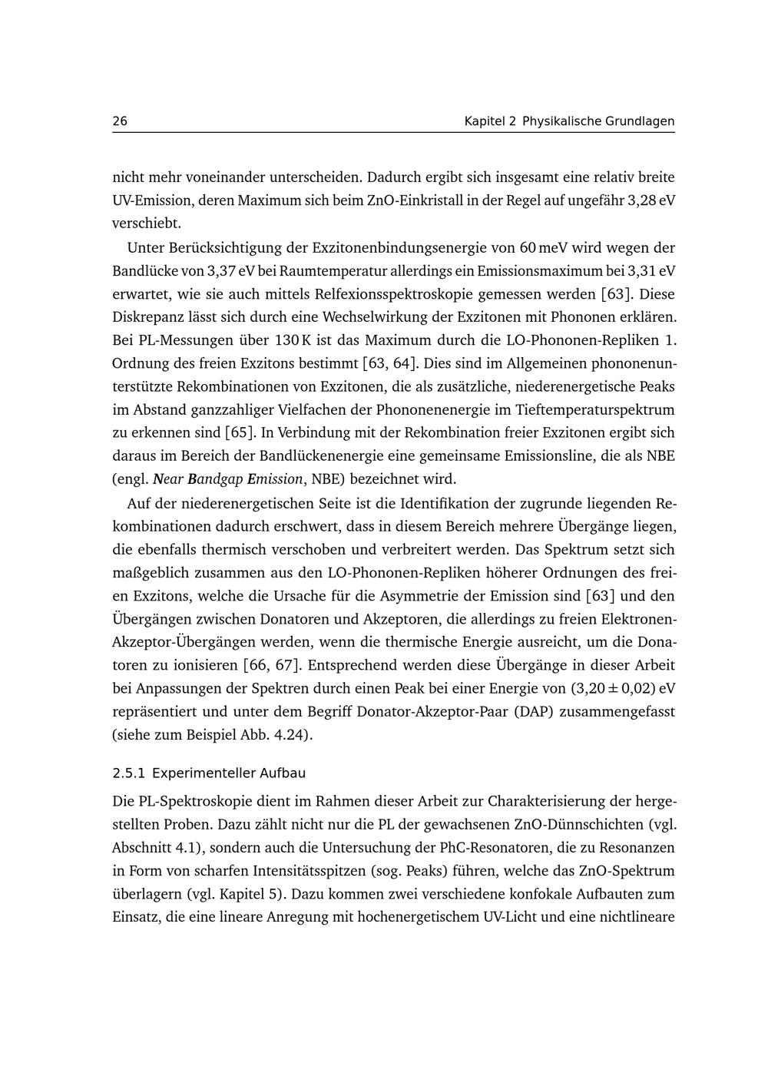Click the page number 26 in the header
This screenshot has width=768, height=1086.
tap(120, 121)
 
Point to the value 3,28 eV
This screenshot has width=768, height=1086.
tap(651, 200)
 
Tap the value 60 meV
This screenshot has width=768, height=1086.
tap(552, 247)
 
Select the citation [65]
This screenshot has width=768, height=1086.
tap(240, 432)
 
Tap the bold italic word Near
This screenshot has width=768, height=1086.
tap(169, 478)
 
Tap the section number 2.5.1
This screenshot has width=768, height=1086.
tap(128, 773)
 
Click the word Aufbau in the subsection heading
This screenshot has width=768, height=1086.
tap(285, 773)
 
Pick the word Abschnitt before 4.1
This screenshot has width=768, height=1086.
tap(143, 848)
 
